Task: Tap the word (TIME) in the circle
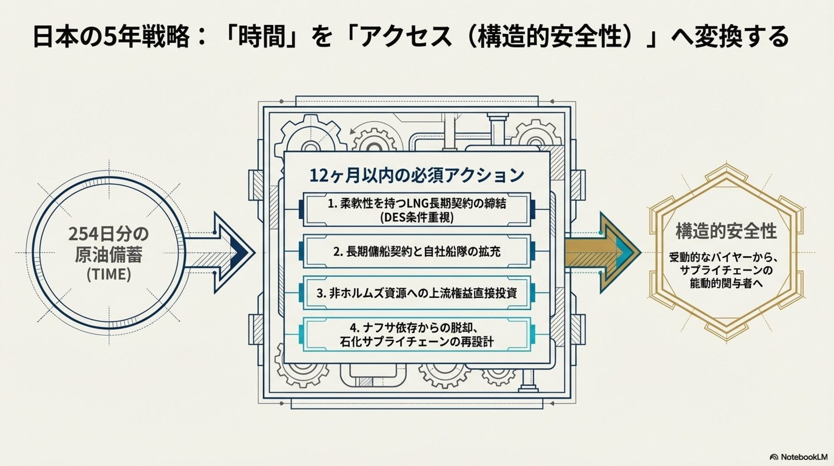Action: click(x=109, y=274)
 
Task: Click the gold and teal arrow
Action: click(x=604, y=252)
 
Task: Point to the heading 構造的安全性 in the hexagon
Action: click(x=726, y=231)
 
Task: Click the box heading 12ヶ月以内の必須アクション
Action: click(x=417, y=175)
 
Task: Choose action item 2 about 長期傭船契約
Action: click(x=417, y=251)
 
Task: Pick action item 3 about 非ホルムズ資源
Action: click(x=417, y=293)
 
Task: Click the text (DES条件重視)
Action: click(x=417, y=217)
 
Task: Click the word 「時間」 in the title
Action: click(x=265, y=37)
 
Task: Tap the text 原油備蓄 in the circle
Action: click(x=109, y=255)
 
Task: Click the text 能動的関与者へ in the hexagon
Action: click(x=726, y=284)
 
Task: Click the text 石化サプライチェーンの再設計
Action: click(x=417, y=342)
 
